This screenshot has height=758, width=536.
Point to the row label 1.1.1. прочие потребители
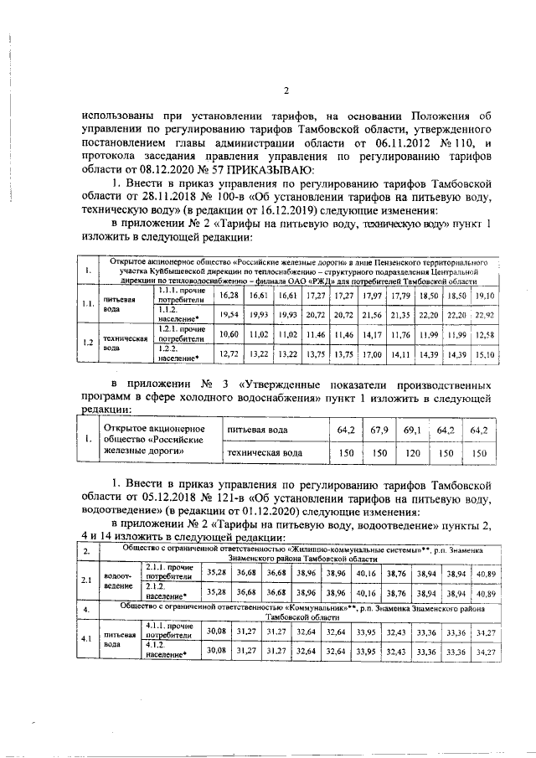tap(177, 295)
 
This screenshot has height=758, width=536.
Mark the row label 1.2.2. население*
tap(177, 353)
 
